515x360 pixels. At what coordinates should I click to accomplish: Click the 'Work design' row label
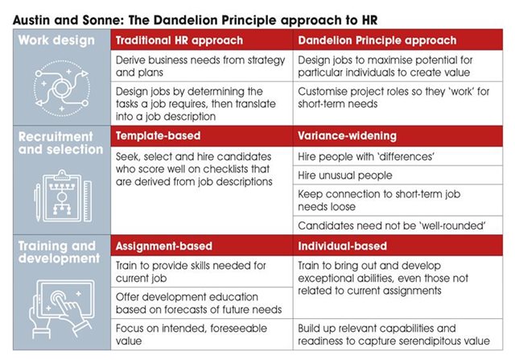pos(56,40)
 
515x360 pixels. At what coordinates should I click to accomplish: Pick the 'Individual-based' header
pos(342,246)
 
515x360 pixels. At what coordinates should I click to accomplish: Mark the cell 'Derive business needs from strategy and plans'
pos(200,66)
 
